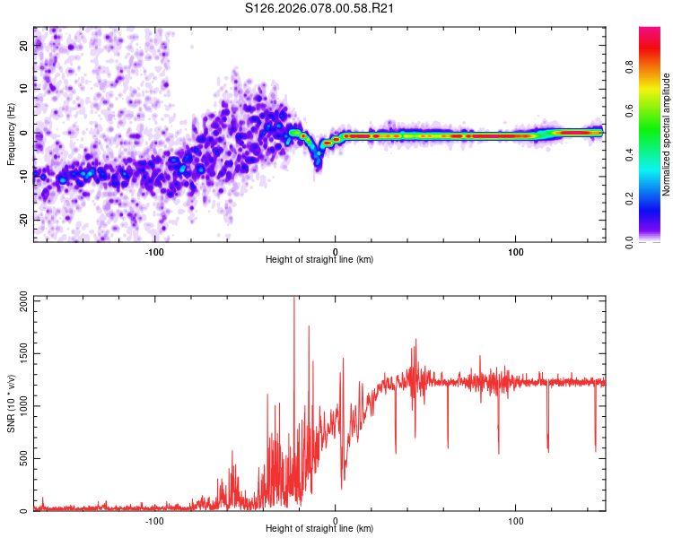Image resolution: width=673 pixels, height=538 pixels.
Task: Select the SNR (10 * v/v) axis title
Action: pos(11,403)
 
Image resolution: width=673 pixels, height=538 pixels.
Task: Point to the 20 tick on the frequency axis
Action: pos(23,44)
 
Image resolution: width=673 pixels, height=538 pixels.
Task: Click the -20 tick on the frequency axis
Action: pos(22,220)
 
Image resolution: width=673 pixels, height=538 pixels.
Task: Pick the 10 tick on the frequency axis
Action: pos(23,88)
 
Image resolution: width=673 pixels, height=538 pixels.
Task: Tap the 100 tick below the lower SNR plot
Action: pos(516,520)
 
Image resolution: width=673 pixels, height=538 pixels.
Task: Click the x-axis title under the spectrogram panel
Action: pos(319,259)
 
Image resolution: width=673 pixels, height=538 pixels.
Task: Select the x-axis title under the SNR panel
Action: pos(319,530)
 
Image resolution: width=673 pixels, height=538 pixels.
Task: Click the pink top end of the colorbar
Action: pos(651,30)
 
